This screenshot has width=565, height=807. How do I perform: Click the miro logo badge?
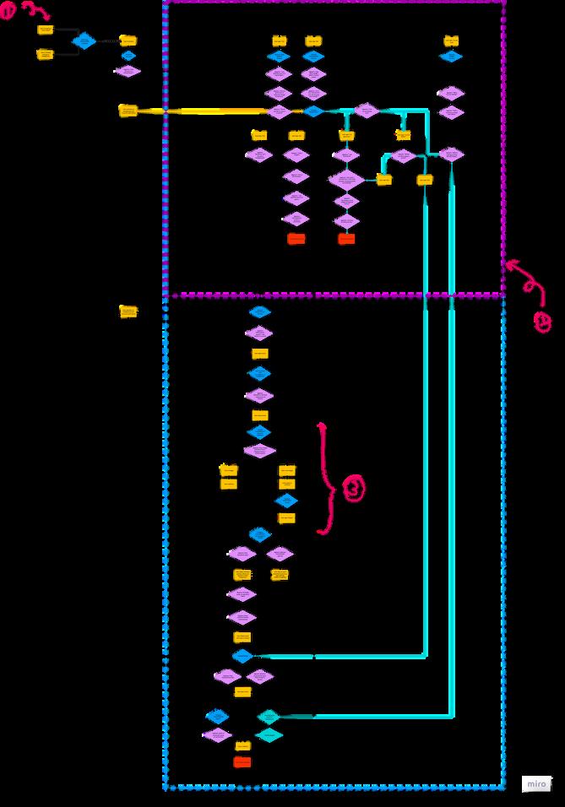coord(535,783)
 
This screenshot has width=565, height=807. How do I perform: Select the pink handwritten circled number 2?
coord(543,322)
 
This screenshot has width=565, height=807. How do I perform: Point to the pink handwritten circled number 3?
coord(353,488)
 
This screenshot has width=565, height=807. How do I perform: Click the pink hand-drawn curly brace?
coord(324,477)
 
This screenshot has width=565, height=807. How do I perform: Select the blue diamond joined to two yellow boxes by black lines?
coord(84,41)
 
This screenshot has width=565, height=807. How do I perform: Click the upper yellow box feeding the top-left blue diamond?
coord(46,30)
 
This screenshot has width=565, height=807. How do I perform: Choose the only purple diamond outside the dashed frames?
coord(128,71)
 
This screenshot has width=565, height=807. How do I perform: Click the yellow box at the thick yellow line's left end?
coord(128,111)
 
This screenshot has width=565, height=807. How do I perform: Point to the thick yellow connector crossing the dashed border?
coord(203,111)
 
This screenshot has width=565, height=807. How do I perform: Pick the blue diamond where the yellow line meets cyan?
coord(313,111)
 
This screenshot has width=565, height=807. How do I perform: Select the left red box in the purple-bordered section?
coord(296,239)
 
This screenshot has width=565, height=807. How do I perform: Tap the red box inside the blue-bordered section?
coord(242,762)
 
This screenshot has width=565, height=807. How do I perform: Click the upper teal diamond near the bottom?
coord(269,717)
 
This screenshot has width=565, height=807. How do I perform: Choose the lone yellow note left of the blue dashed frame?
coord(128,311)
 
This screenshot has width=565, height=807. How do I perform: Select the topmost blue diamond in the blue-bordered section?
coord(259,311)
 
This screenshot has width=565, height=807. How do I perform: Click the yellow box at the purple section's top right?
coord(451,41)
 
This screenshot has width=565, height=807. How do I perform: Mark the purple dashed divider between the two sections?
coord(338,295)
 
